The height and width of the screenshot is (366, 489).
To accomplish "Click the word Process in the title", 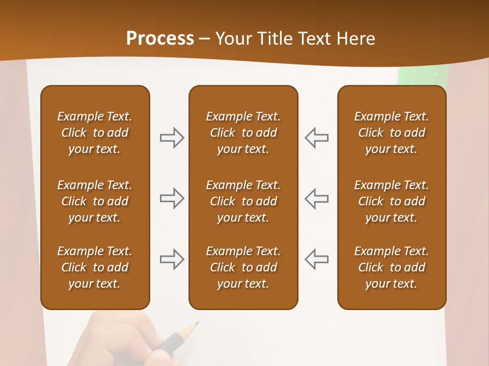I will coord(160,39).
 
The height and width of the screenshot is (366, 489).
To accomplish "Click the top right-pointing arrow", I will coord(172,138).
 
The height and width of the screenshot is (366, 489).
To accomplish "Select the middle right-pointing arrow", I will coord(172,198).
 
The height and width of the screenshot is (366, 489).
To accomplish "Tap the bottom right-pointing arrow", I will coord(172,259).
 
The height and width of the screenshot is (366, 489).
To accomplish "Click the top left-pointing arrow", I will coord(316,138).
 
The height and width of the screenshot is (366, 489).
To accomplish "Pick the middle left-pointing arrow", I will coord(316,198).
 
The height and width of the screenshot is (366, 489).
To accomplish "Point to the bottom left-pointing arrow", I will coord(316,259).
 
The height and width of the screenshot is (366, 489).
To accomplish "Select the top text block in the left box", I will coord(95,133).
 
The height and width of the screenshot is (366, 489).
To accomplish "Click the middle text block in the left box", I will coord(95,201).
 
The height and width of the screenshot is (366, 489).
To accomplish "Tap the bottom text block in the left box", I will coord(95,267).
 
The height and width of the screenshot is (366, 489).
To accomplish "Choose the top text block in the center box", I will coord(243,133).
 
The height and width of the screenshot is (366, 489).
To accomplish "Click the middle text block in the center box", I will coord(243,201).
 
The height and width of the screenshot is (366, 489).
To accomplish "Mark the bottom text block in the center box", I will coord(243,267).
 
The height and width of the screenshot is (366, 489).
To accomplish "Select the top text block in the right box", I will coord(391,133).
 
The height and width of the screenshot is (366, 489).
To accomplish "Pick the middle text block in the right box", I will coord(391,201).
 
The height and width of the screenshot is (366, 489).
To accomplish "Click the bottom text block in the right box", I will coord(391,267).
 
